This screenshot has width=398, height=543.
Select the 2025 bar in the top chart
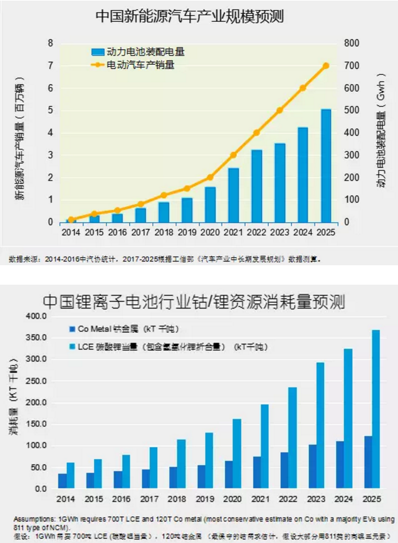tap(326, 166)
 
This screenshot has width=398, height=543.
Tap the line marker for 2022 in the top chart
tap(256, 133)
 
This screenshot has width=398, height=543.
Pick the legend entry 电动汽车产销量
tap(144, 64)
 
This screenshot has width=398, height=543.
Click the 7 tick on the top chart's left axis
tap(51, 66)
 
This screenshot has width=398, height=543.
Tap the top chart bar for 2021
tap(233, 195)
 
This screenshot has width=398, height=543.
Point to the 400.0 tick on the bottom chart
tap(34, 317)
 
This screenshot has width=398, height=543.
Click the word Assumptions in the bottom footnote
tap(30, 519)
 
